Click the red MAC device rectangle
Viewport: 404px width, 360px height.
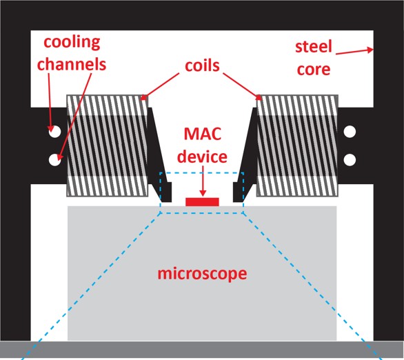pos(202,202)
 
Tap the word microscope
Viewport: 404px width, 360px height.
pos(202,274)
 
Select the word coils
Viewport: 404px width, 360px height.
pos(202,66)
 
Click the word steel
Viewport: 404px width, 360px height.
pos(314,47)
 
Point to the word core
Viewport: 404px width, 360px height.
pos(314,69)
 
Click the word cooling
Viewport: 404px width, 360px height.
pos(72,43)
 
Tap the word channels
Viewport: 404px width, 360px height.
pos(72,64)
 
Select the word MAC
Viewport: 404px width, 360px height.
pos(203,134)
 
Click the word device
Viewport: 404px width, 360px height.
pos(202,157)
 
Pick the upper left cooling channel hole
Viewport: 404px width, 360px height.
pos(55,132)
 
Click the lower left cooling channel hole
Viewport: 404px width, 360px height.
pos(55,159)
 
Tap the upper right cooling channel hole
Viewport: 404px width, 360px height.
pos(350,132)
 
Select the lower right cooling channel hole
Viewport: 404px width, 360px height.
pos(350,159)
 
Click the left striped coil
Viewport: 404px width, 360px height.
pos(108,146)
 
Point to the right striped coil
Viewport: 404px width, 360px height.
pos(297,146)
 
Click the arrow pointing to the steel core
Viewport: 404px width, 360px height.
pos(354,52)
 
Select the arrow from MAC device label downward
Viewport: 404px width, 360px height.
pos(203,181)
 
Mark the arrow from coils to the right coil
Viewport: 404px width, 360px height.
pos(242,86)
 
